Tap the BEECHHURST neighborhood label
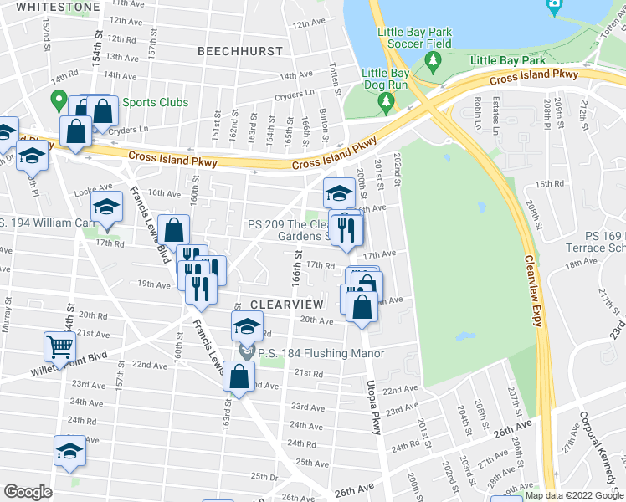(x=240, y=51)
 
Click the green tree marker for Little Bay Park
(x=433, y=60)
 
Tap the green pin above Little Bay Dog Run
(x=386, y=103)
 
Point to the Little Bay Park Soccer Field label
(x=415, y=38)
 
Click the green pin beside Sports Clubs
(x=59, y=101)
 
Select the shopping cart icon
(x=60, y=345)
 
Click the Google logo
(x=28, y=492)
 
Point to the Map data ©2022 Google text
(x=573, y=495)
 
